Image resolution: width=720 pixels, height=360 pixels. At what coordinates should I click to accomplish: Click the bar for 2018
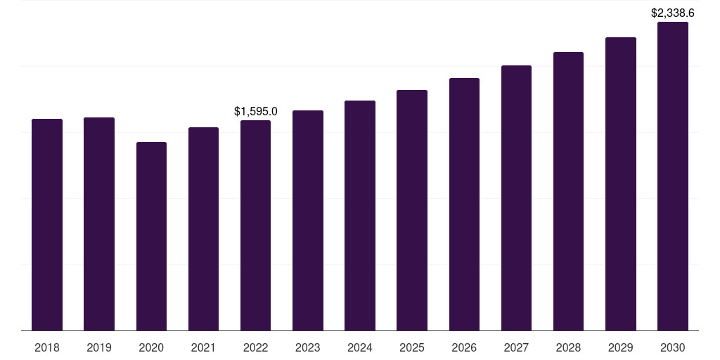pyautogui.click(x=47, y=225)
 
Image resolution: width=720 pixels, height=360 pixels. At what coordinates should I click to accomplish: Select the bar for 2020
pyautogui.click(x=151, y=236)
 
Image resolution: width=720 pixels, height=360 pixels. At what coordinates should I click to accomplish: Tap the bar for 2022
pyautogui.click(x=255, y=226)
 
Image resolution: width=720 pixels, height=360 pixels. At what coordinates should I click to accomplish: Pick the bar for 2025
pyautogui.click(x=412, y=210)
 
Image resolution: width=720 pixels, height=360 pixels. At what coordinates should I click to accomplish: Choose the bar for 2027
pyautogui.click(x=516, y=198)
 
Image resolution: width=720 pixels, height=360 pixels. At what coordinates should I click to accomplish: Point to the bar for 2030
pyautogui.click(x=673, y=176)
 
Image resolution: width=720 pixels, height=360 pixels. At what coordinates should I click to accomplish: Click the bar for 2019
pyautogui.click(x=99, y=224)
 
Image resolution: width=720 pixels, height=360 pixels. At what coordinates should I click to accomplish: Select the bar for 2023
pyautogui.click(x=308, y=221)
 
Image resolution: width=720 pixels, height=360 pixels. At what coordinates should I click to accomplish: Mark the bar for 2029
pyautogui.click(x=621, y=184)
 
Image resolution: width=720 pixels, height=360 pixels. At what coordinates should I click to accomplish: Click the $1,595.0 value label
pyautogui.click(x=256, y=111)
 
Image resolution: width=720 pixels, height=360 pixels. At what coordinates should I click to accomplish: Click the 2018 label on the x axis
pyautogui.click(x=47, y=347)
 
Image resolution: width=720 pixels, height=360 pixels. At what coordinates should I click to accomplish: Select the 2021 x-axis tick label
pyautogui.click(x=203, y=347)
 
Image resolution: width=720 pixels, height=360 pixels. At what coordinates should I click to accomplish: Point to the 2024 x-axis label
pyautogui.click(x=360, y=347)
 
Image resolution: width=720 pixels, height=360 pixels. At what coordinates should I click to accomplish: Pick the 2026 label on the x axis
pyautogui.click(x=464, y=347)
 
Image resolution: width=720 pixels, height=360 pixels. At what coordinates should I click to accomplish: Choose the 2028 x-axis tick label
pyautogui.click(x=568, y=347)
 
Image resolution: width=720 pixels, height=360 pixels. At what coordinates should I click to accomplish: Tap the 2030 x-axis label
pyautogui.click(x=673, y=347)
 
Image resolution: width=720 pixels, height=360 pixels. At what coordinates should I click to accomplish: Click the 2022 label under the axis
pyautogui.click(x=255, y=347)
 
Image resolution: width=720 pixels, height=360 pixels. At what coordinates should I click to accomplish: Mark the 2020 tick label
pyautogui.click(x=151, y=347)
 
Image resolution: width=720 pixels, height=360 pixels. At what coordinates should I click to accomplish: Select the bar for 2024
pyautogui.click(x=360, y=216)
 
